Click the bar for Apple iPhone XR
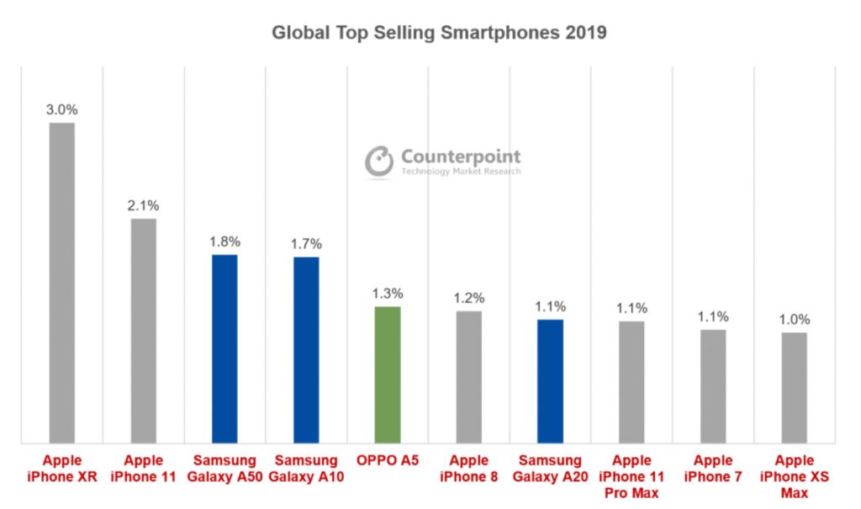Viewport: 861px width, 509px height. [x=62, y=282]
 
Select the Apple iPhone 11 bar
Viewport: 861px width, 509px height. [x=143, y=330]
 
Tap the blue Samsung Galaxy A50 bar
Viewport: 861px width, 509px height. [x=224, y=348]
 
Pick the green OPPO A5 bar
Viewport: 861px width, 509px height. [x=388, y=374]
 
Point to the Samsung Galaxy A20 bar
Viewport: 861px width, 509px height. [x=550, y=380]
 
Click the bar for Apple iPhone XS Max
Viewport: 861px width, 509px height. [x=794, y=387]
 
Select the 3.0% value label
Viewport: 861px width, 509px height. [x=61, y=109]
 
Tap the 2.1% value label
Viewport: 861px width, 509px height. [x=143, y=205]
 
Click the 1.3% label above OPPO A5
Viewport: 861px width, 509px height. [x=388, y=294]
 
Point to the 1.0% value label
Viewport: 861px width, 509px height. [x=794, y=320]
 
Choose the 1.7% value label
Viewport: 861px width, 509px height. [x=306, y=244]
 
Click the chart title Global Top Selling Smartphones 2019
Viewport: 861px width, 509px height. [x=439, y=34]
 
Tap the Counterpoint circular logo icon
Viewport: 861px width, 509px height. [x=379, y=162]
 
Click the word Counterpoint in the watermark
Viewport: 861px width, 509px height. [x=461, y=156]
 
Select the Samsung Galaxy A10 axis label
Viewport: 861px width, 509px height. [x=306, y=469]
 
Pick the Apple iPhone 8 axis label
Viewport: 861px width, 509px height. [x=468, y=469]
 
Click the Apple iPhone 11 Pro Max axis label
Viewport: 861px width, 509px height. [x=631, y=476]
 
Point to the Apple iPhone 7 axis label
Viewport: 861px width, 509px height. [x=713, y=469]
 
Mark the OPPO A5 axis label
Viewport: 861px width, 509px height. [x=388, y=461]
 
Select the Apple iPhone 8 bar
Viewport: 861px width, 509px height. [x=468, y=376]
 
